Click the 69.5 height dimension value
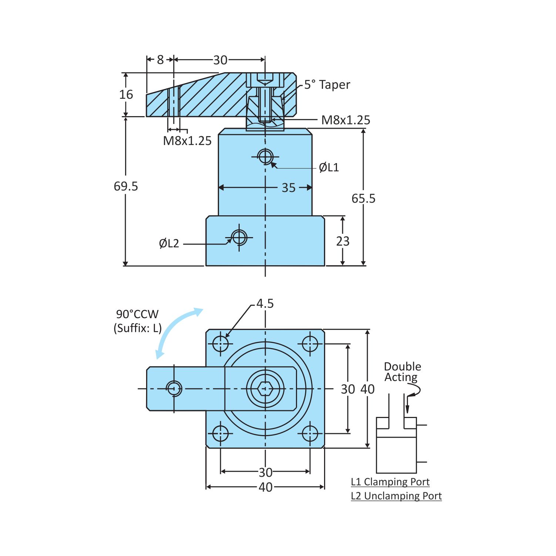coord(126,186)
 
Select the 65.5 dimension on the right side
coord(363,199)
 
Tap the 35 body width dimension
coord(289,188)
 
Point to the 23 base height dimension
coord(343,241)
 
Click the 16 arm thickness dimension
coord(126,94)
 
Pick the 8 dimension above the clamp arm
coord(160,60)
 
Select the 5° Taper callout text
coord(327,85)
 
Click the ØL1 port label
coord(329,168)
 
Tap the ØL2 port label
coord(169,243)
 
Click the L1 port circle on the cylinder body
coord(265,156)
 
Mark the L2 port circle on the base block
coord(239,237)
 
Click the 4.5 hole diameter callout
coord(265,304)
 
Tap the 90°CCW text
coord(137,314)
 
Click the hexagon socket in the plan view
coord(265,389)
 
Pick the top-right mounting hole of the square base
coord(310,344)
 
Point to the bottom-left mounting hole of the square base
coord(220,434)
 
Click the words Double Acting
coord(402,372)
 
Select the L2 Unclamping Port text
coord(396,496)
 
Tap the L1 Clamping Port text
coord(390,482)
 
